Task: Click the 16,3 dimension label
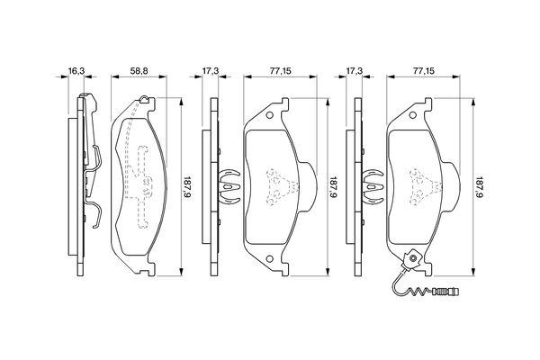click(76, 71)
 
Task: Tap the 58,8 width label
click(139, 71)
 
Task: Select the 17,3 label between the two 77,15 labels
click(355, 71)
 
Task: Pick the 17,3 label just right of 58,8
click(210, 71)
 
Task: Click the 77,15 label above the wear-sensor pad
click(424, 71)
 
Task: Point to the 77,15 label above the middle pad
click(280, 71)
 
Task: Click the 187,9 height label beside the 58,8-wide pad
click(188, 188)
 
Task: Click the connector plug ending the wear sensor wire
click(446, 292)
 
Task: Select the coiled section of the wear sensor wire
click(421, 293)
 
